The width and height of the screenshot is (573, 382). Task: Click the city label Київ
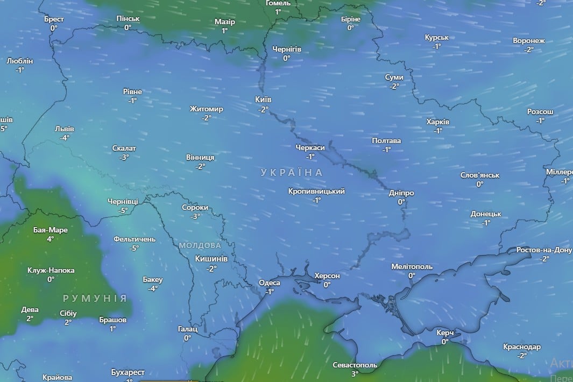263,100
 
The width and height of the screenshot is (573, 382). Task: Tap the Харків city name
437,122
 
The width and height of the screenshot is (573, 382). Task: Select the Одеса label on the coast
270,283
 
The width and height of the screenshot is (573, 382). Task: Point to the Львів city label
65,129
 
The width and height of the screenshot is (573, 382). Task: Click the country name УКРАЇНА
292,173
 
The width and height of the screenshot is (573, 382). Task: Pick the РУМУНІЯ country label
95,298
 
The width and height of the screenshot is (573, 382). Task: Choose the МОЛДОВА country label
200,245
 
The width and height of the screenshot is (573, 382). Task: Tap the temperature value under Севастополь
355,374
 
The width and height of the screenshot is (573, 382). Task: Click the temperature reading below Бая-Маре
50,239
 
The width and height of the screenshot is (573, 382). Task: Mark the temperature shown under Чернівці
123,210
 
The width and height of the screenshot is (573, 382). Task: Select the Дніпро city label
401,193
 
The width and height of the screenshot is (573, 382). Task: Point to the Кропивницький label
316,191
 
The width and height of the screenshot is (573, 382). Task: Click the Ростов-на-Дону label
544,250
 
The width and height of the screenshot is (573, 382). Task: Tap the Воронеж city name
529,41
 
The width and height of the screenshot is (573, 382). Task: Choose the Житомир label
206,109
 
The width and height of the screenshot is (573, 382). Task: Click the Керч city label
445,333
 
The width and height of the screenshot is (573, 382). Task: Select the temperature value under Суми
394,86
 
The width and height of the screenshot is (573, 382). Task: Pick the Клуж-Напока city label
51,271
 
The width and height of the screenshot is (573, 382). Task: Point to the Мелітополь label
412,267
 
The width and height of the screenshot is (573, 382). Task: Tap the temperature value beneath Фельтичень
134,248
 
